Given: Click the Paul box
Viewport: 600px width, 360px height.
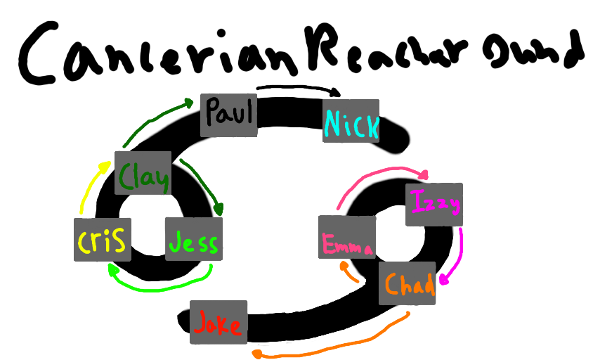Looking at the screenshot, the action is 229,115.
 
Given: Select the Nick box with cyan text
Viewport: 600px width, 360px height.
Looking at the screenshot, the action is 351,121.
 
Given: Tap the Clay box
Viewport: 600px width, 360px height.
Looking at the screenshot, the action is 143,173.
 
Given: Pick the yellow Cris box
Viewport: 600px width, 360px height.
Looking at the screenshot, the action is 101,240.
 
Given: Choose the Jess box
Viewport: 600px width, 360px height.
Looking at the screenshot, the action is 193,240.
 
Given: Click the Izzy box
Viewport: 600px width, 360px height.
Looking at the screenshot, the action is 433,205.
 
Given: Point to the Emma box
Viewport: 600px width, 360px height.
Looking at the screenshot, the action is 346,238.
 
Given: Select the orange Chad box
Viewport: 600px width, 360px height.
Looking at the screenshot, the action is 407,283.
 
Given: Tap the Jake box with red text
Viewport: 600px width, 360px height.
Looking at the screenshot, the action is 219,323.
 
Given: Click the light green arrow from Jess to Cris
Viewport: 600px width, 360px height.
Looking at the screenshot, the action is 162,285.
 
